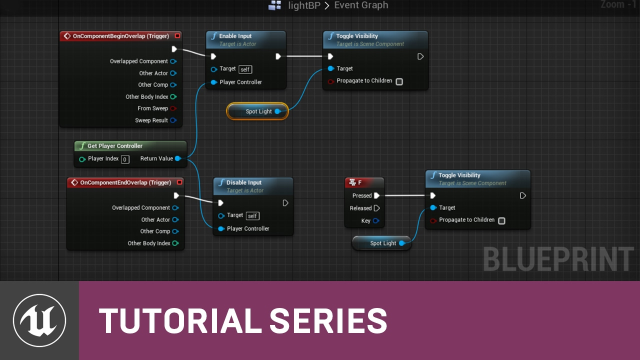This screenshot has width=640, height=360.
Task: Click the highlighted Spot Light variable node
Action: [257, 111]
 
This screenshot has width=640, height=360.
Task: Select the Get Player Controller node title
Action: [115, 146]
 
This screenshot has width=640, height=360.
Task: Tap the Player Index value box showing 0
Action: [125, 159]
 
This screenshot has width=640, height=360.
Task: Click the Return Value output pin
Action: [177, 158]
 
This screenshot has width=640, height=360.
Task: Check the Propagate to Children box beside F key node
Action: [501, 220]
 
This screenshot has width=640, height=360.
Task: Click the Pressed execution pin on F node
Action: [377, 195]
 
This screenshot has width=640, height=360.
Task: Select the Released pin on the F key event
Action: [377, 208]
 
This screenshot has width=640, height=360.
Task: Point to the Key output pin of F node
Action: [376, 220]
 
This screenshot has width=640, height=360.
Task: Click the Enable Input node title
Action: [235, 36]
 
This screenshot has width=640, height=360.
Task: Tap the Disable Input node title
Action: [243, 182]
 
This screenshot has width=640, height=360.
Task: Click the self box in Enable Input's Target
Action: [245, 69]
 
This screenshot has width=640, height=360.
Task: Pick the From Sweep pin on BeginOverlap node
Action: [173, 108]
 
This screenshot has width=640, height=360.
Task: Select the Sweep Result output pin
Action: [173, 120]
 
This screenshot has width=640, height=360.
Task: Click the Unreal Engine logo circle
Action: [39, 320]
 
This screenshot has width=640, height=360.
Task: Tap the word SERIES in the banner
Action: [328, 321]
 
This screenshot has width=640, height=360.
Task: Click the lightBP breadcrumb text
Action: [304, 5]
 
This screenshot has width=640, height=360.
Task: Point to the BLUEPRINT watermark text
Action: [558, 259]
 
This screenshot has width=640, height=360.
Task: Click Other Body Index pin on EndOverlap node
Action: [175, 243]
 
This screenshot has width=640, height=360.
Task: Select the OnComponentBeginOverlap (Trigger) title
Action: [121, 36]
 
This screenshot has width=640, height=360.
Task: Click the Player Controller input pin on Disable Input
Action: [221, 228]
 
